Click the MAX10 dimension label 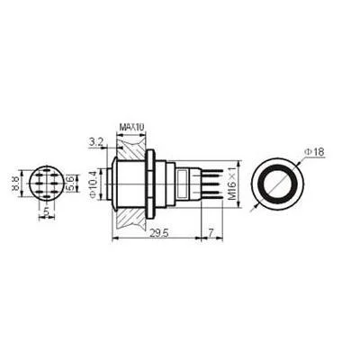click(131, 127)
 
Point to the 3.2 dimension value click(96, 142)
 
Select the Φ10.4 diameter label click(93, 184)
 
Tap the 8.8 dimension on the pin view click(16, 184)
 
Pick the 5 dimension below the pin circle click(46, 211)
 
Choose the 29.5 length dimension click(158, 234)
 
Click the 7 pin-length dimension click(211, 234)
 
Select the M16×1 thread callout click(231, 184)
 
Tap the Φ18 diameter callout click(315, 152)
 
